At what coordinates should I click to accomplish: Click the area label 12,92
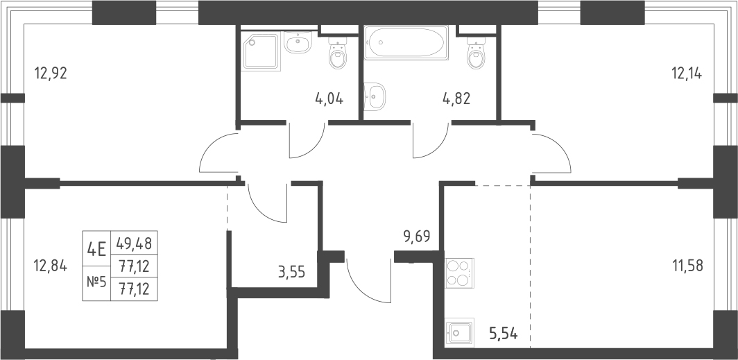[x=51, y=74]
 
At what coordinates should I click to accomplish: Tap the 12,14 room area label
[x=686, y=74]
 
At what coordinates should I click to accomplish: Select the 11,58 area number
[x=687, y=266]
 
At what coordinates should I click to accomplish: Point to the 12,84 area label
[x=51, y=266]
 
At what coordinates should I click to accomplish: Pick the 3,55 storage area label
[x=292, y=272]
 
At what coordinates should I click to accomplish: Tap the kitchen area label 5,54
[x=504, y=335]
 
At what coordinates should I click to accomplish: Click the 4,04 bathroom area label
[x=329, y=98]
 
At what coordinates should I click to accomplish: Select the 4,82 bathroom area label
[x=456, y=98]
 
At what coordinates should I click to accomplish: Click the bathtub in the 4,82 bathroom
[x=406, y=42]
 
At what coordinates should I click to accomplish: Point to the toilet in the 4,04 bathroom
[x=338, y=54]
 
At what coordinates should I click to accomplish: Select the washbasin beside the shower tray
[x=298, y=43]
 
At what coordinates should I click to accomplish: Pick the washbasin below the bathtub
[x=375, y=97]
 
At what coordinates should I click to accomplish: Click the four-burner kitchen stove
[x=460, y=273]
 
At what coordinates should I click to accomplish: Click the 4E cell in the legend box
[x=96, y=248]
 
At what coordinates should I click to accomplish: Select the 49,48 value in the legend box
[x=134, y=243]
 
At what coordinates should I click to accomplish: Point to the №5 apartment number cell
[x=96, y=283]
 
